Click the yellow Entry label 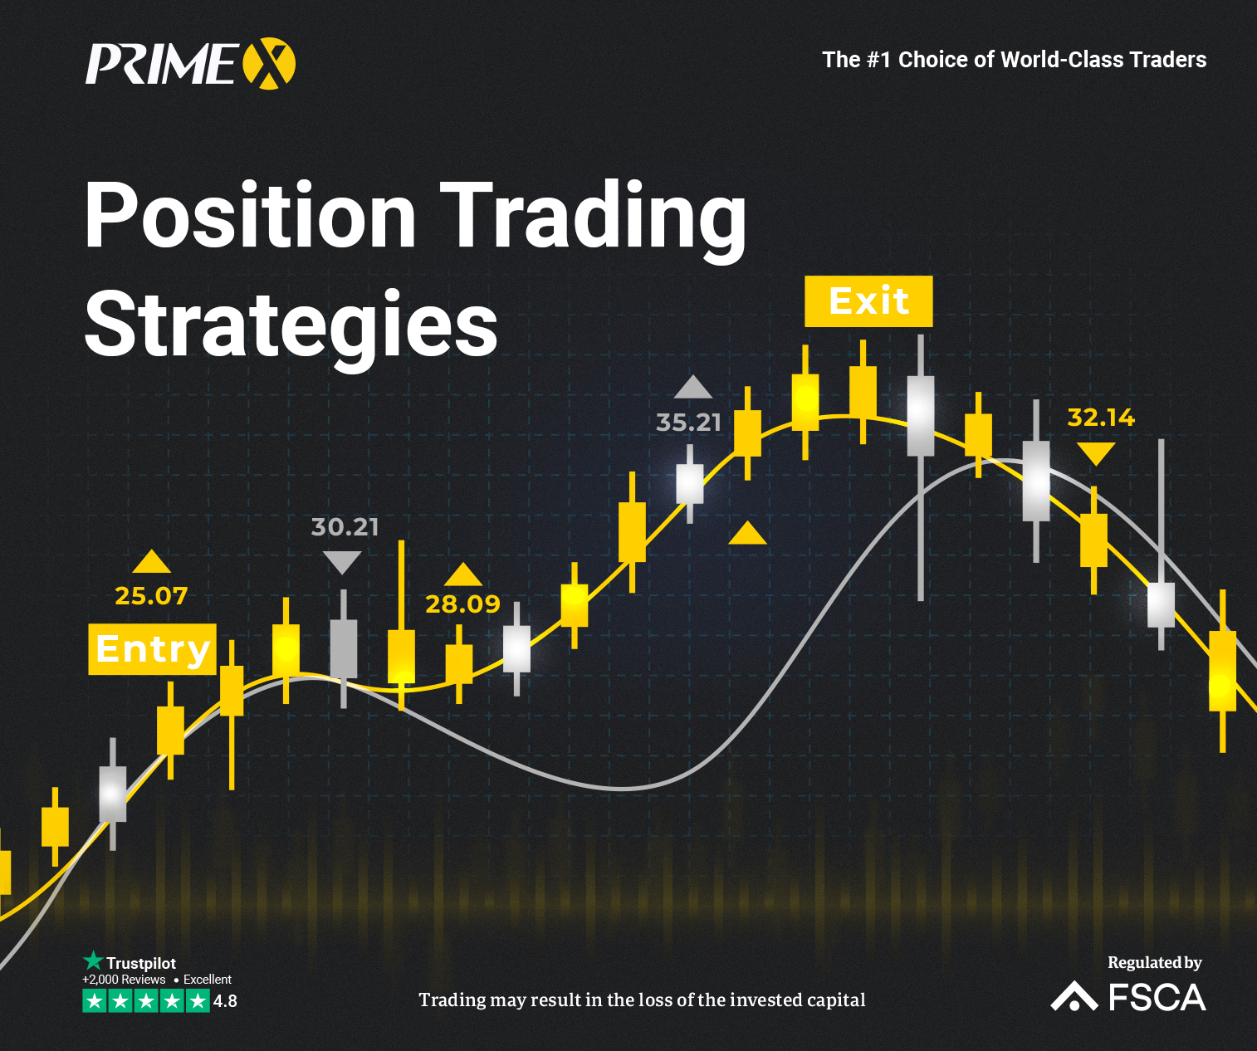click(x=152, y=649)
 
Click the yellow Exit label click(x=868, y=301)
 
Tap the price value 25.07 click(x=151, y=596)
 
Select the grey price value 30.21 click(x=345, y=527)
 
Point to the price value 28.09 click(x=462, y=604)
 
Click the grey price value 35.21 click(x=688, y=423)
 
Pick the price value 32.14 click(x=1101, y=418)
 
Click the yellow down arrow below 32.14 click(x=1096, y=453)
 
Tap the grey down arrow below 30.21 click(x=341, y=563)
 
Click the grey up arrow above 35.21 click(x=693, y=388)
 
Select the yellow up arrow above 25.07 click(x=151, y=562)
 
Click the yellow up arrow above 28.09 click(x=462, y=574)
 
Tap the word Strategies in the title click(x=291, y=325)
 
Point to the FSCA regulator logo click(x=1127, y=996)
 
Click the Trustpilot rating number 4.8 click(x=225, y=1001)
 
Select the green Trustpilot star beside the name click(x=92, y=961)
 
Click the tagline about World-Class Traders click(x=1014, y=60)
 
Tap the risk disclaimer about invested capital click(x=642, y=1000)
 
